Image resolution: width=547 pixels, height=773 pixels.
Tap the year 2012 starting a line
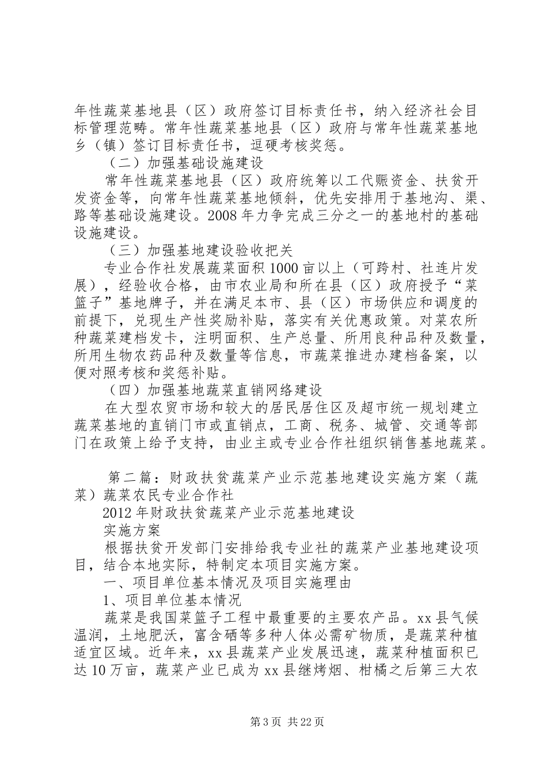click(x=118, y=513)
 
